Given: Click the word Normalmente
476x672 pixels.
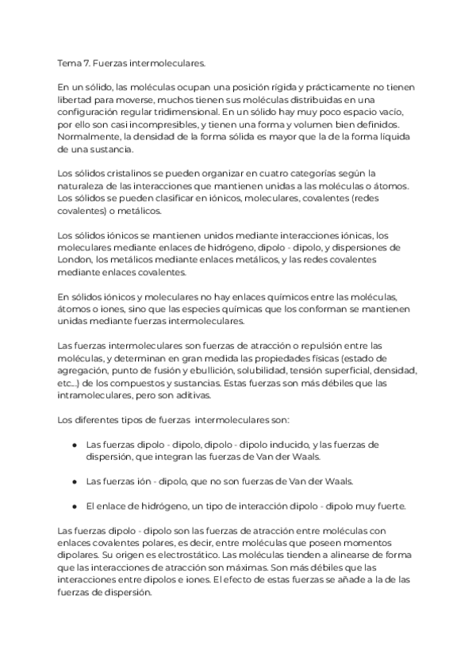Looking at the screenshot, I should point(88,137).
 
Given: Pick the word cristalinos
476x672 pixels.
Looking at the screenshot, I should point(118,173).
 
